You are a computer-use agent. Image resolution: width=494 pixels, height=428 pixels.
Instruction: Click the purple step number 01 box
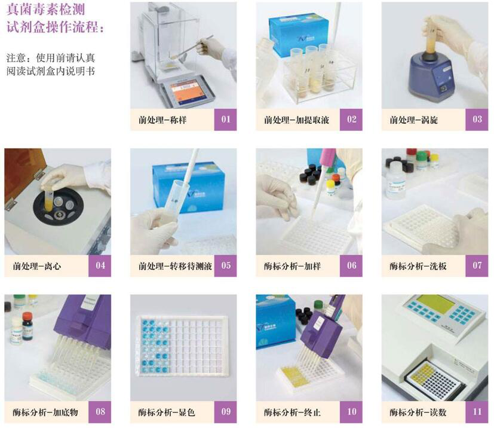coord(225,119)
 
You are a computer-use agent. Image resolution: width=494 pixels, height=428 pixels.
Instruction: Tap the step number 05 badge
coord(225,265)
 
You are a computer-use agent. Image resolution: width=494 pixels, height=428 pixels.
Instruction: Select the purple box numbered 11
coord(477,412)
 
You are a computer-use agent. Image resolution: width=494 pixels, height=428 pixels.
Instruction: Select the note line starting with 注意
coord(50,58)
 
